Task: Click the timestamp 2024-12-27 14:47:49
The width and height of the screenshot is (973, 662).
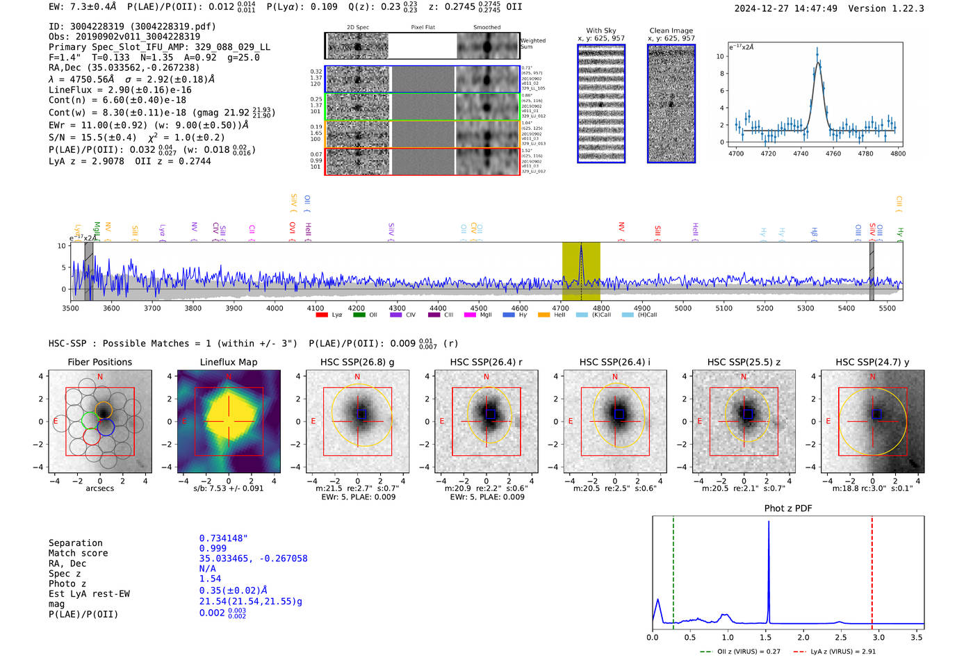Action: pos(785,9)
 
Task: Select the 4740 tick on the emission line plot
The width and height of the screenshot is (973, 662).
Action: pos(801,154)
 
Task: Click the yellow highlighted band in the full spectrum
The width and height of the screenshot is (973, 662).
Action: pos(581,271)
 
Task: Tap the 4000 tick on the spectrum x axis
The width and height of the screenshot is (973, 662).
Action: pos(275,308)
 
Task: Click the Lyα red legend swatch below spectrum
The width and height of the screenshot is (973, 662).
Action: pos(322,315)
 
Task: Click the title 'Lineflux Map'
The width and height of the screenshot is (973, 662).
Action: pos(229,362)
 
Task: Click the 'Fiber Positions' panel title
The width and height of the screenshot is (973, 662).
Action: pos(99,362)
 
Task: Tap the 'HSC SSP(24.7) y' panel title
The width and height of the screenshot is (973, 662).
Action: pos(872,362)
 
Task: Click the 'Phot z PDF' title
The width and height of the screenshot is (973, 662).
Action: pos(788,508)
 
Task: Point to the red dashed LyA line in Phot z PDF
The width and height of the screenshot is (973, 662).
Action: pos(872,570)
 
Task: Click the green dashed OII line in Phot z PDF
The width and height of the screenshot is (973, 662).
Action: pos(673,570)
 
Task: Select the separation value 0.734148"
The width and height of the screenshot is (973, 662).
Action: pos(223,538)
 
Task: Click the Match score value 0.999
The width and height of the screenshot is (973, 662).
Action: pos(213,548)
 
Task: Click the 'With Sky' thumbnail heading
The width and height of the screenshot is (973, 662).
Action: pos(601,31)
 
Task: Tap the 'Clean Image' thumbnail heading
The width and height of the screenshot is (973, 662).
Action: pos(671,31)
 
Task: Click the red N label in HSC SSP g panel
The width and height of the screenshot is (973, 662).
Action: pos(357,376)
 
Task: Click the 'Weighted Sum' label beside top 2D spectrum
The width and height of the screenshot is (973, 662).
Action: pos(533,44)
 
